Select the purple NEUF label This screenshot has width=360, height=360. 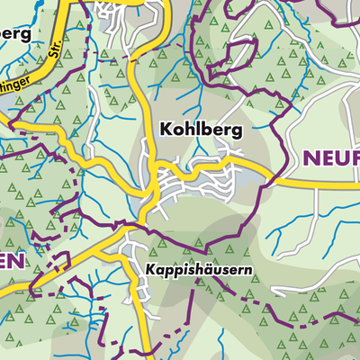click(329, 159)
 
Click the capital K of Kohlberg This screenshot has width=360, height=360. click(166, 130)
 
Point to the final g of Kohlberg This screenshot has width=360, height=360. click(237, 132)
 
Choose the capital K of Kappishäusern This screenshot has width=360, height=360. click(150, 269)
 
